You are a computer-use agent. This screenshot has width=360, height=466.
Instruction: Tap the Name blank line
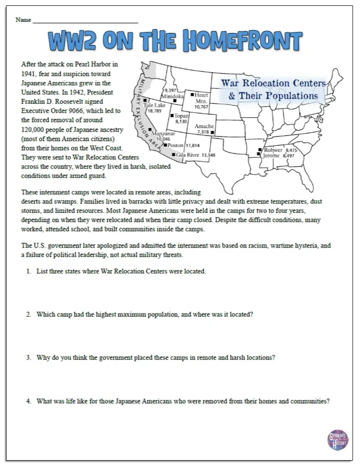point(85,22)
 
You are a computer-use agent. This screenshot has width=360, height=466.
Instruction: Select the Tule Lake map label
point(155,105)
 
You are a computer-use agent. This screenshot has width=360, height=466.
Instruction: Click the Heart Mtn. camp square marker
point(192,95)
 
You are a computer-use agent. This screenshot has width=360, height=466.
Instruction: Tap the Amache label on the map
point(204,126)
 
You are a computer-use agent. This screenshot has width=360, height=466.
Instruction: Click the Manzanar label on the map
point(163,134)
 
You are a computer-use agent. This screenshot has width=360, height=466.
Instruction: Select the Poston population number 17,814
point(193,145)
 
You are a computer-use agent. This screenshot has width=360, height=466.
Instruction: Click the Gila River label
point(188,155)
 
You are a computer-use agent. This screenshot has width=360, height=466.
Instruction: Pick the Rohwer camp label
point(273,150)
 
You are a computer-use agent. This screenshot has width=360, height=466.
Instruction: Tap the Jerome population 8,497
point(288,156)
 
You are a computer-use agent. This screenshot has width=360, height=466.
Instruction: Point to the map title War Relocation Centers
point(273,83)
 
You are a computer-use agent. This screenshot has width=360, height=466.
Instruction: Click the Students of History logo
point(338,440)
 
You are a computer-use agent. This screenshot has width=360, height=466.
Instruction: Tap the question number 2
point(29,314)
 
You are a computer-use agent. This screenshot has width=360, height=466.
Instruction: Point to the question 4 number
point(29,401)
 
